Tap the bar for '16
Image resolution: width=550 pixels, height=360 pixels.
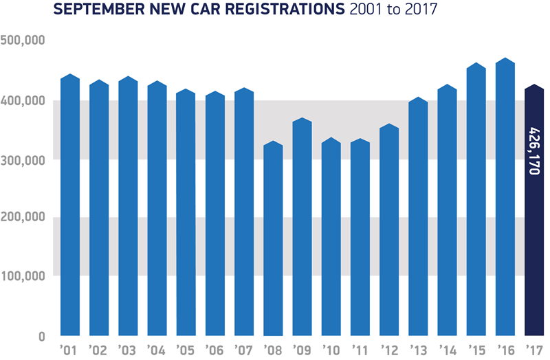pyautogui.click(x=505, y=199)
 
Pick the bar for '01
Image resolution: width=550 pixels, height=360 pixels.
pyautogui.click(x=71, y=206)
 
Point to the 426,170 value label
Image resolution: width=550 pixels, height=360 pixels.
pyautogui.click(x=535, y=150)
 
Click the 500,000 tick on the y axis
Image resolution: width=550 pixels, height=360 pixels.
pyautogui.click(x=23, y=41)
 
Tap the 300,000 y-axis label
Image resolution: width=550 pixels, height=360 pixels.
pyautogui.click(x=23, y=159)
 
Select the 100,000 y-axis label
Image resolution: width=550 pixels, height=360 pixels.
pyautogui.click(x=23, y=276)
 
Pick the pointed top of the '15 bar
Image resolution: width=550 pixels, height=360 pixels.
pyautogui.click(x=476, y=65)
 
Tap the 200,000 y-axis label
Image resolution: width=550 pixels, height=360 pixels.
pyautogui.click(x=23, y=217)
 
